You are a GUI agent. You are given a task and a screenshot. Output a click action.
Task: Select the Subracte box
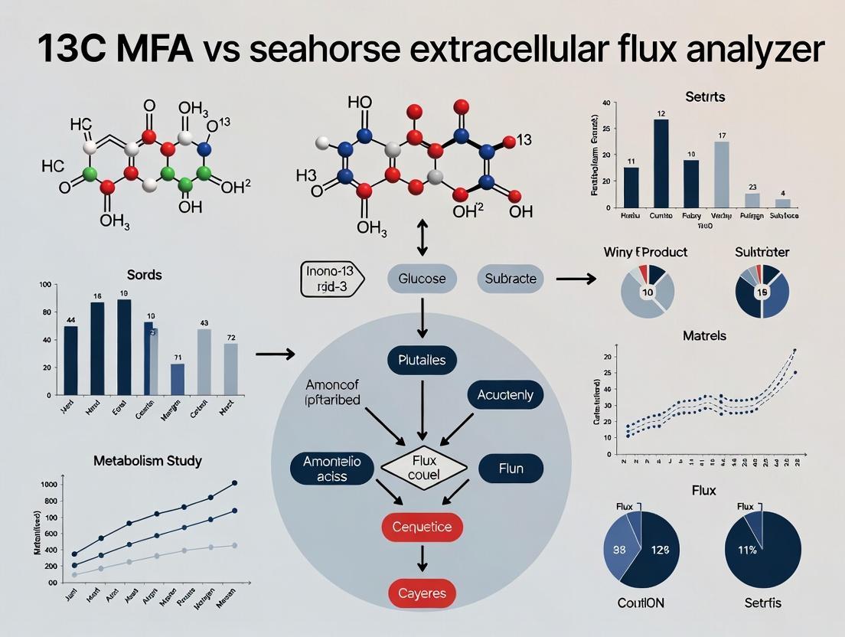(x=511, y=279)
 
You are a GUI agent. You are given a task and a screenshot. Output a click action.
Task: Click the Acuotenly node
(x=504, y=395)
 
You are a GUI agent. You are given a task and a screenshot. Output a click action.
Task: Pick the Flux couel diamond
(x=423, y=467)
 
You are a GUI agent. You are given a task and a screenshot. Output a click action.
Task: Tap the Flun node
(x=511, y=467)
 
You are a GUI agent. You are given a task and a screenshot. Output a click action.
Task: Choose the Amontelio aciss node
(x=331, y=468)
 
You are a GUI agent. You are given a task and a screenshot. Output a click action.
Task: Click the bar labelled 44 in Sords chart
(x=70, y=360)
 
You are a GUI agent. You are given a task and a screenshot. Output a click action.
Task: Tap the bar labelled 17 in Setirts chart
(x=722, y=175)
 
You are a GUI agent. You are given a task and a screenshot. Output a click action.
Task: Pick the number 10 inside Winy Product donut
(x=647, y=292)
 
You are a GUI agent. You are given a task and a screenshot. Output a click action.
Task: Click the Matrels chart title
(x=704, y=335)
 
